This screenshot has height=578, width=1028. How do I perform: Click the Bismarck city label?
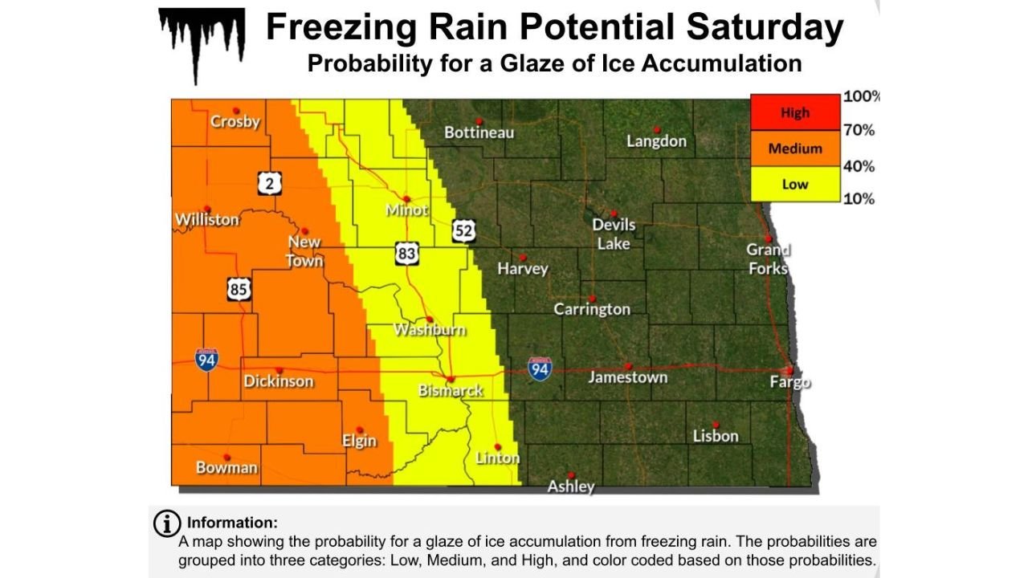point(451,391)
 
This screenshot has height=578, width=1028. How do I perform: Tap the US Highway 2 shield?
point(271,184)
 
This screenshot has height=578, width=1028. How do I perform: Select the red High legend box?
point(795,112)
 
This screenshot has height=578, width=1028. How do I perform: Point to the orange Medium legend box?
point(795,149)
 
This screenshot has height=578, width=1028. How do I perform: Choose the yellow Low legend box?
point(795,184)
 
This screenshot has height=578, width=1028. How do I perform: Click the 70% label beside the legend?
point(859,130)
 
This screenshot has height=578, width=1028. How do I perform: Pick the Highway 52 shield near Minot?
point(463,231)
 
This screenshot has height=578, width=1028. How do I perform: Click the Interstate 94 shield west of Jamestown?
point(540,369)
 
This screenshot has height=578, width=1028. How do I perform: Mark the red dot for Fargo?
point(789,370)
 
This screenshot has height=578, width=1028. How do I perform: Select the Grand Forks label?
point(769,259)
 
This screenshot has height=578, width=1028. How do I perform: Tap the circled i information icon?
point(166,523)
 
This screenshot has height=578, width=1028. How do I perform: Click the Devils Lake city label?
point(614,234)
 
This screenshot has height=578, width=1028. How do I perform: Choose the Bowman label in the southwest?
point(226,467)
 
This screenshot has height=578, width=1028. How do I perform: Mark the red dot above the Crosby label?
point(236,111)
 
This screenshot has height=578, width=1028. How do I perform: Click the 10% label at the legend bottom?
point(859,199)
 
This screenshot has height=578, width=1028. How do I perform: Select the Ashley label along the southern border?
point(571,486)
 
